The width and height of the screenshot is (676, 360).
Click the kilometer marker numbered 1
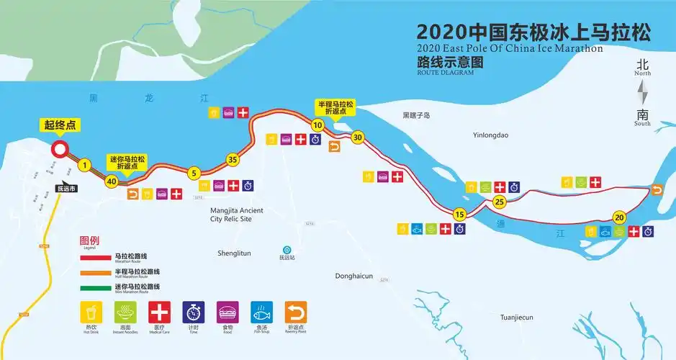coord(84,166)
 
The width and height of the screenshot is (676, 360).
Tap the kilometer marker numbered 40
coord(111,181)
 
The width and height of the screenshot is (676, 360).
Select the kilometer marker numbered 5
coord(193,173)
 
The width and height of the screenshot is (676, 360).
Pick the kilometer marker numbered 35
coord(232,159)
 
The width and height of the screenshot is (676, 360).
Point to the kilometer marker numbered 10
coord(317,125)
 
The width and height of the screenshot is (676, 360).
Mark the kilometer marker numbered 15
coord(459,214)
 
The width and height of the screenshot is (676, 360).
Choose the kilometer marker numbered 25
coord(500,202)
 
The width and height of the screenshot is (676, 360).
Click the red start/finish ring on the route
coord(59,150)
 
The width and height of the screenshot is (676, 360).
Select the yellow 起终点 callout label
coord(60,126)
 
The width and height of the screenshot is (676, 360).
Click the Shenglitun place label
coord(234,253)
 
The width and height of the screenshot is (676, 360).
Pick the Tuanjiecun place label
coord(517,317)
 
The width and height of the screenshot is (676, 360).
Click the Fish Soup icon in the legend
coord(261,312)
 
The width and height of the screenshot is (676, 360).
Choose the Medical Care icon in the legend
coord(159,312)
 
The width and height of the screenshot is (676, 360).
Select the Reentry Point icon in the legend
coord(295,312)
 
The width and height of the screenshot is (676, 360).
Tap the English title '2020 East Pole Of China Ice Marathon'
coord(509,49)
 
